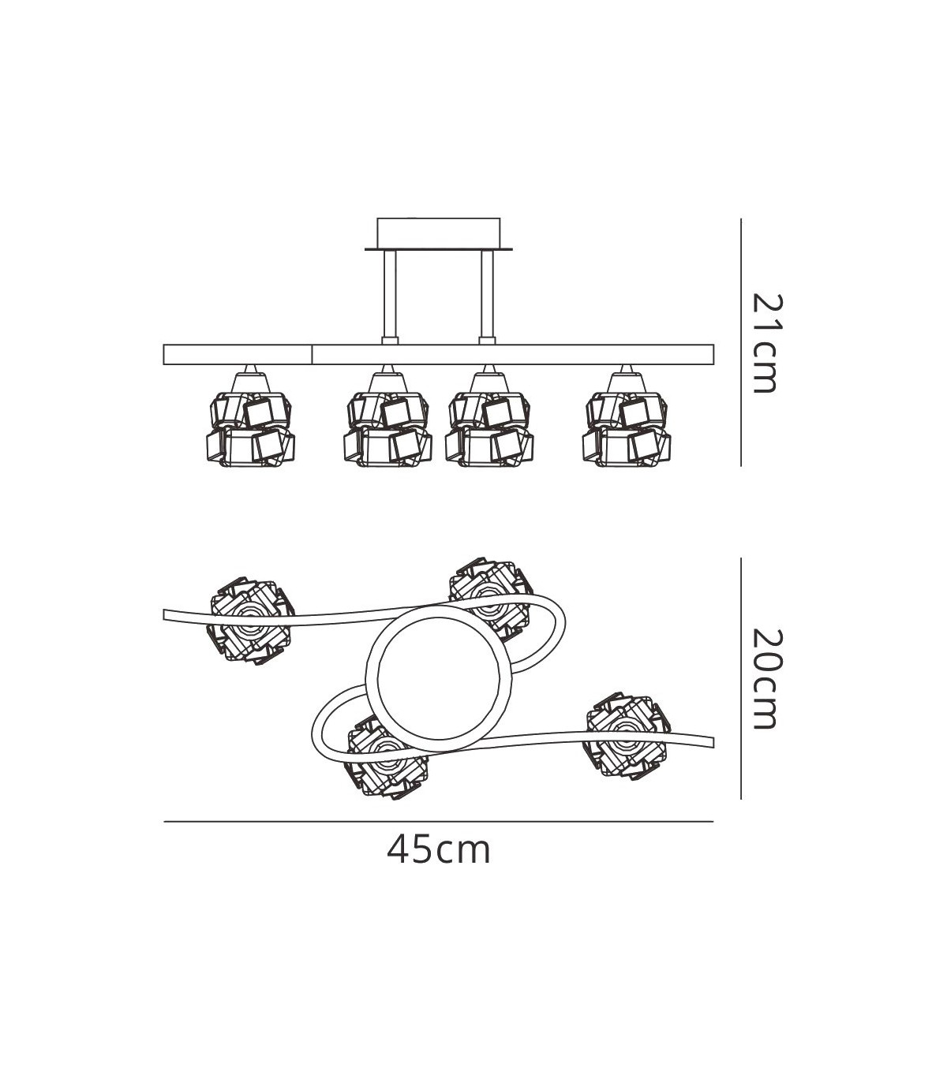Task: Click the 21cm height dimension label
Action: pos(765,343)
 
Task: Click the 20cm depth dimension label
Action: pos(765,680)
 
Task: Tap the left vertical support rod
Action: pos(391,298)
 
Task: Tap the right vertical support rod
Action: pos(487,298)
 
